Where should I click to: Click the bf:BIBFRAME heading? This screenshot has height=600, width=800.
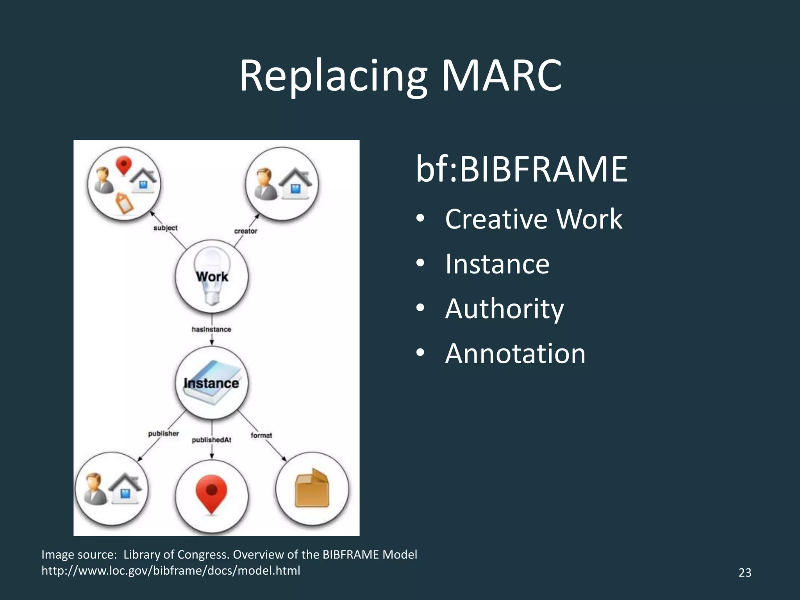(521, 169)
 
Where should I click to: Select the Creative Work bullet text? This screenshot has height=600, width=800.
(533, 219)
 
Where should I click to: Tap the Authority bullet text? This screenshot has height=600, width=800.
(504, 309)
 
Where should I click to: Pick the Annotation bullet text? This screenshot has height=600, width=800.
(515, 354)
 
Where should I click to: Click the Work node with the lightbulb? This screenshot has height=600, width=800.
(212, 277)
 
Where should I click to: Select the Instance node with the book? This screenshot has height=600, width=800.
(212, 383)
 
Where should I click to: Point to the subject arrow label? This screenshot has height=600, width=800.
(165, 228)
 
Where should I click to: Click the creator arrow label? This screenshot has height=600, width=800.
(246, 231)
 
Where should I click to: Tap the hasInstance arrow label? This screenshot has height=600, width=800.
(211, 329)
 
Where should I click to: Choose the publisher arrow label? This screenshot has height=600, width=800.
(163, 434)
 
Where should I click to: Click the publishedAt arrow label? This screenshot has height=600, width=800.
(211, 440)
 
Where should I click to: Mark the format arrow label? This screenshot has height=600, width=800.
(261, 435)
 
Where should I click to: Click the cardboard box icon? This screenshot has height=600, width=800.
(312, 488)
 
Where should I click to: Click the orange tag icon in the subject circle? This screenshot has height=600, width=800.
(124, 203)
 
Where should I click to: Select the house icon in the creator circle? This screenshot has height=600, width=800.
(295, 184)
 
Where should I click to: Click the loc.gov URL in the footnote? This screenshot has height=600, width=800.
(171, 571)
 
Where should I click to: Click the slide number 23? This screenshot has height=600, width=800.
(745, 573)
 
